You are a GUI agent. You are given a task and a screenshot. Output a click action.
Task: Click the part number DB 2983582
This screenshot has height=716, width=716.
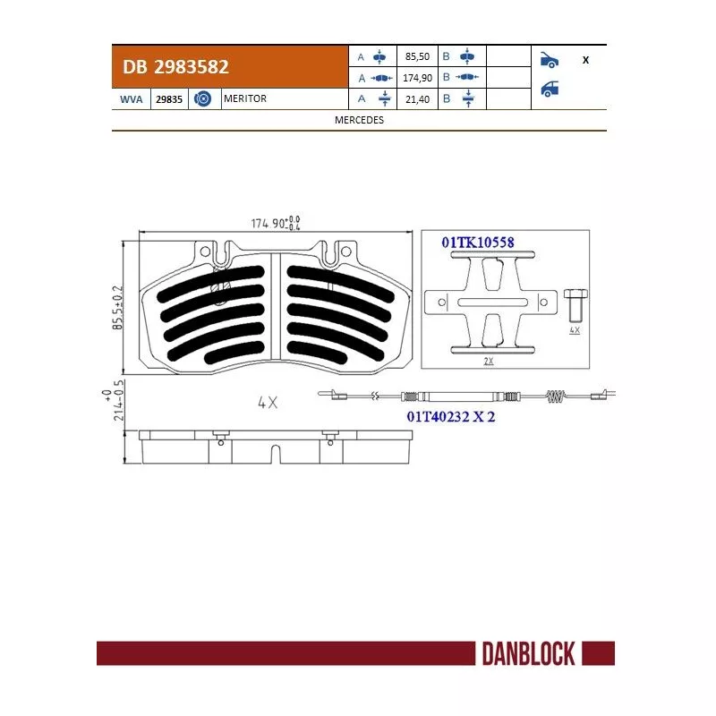[175, 67]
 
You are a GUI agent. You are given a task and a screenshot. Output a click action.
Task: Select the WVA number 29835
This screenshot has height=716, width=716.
[169, 99]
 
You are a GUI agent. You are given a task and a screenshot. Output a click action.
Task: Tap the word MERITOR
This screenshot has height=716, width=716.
[245, 98]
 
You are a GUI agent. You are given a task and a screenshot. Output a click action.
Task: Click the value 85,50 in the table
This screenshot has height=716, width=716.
[417, 56]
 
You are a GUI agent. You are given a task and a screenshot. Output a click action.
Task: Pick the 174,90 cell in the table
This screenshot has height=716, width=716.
[417, 78]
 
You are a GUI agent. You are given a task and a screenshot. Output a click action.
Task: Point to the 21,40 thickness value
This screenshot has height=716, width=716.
[417, 99]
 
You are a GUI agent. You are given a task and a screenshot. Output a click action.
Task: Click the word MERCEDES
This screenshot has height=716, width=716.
[360, 120]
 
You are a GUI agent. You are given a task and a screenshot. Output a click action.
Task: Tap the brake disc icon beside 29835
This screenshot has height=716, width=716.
[202, 98]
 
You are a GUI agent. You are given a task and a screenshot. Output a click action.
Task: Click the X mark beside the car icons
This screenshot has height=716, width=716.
[586, 60]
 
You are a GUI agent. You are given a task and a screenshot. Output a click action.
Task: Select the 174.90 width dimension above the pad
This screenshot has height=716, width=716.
[276, 223]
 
